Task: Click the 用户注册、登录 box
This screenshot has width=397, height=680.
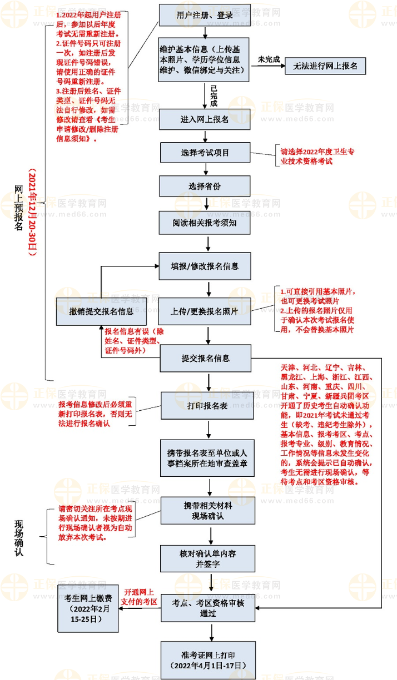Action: coord(205,15)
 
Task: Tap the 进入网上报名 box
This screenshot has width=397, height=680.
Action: coord(205,119)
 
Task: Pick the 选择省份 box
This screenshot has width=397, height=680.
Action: coord(205,187)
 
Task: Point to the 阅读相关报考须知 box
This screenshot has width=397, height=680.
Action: coord(205,222)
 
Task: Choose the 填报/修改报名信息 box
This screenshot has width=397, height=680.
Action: coord(205,266)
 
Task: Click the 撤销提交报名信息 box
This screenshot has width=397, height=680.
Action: coord(102,311)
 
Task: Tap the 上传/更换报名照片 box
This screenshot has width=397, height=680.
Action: coord(205,311)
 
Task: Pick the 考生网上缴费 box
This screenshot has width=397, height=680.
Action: coord(88,608)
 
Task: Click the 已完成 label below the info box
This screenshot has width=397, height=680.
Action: coord(214,95)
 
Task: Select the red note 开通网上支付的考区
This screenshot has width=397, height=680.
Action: coord(140,597)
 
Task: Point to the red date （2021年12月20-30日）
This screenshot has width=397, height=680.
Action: coord(32,211)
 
